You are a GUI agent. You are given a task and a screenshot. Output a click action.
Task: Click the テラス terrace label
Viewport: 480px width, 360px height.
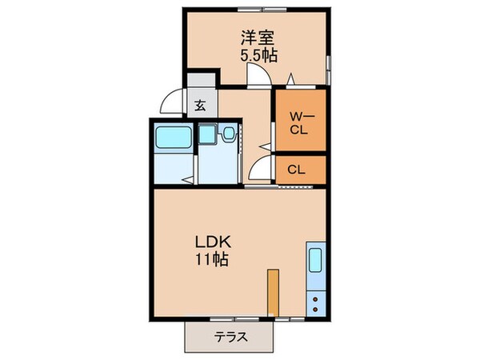click(x=231, y=337)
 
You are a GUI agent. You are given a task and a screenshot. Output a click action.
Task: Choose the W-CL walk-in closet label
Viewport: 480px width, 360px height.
click(x=300, y=123)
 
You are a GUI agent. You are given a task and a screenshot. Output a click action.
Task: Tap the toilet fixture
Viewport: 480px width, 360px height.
click(x=229, y=134)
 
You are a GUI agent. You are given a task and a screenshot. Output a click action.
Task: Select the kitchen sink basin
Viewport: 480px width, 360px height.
click(x=314, y=261)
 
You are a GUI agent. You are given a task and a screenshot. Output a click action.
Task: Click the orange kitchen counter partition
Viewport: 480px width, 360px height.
click(x=273, y=293)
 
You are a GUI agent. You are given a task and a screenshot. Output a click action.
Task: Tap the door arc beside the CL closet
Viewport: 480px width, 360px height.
click(x=261, y=168)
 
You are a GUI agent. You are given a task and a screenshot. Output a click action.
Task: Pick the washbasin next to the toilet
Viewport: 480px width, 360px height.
click(x=208, y=134)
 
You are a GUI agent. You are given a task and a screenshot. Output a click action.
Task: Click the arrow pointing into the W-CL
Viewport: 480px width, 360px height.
click(x=291, y=79)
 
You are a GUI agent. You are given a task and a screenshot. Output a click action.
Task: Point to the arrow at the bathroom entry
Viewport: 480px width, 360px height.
click(x=187, y=181)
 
